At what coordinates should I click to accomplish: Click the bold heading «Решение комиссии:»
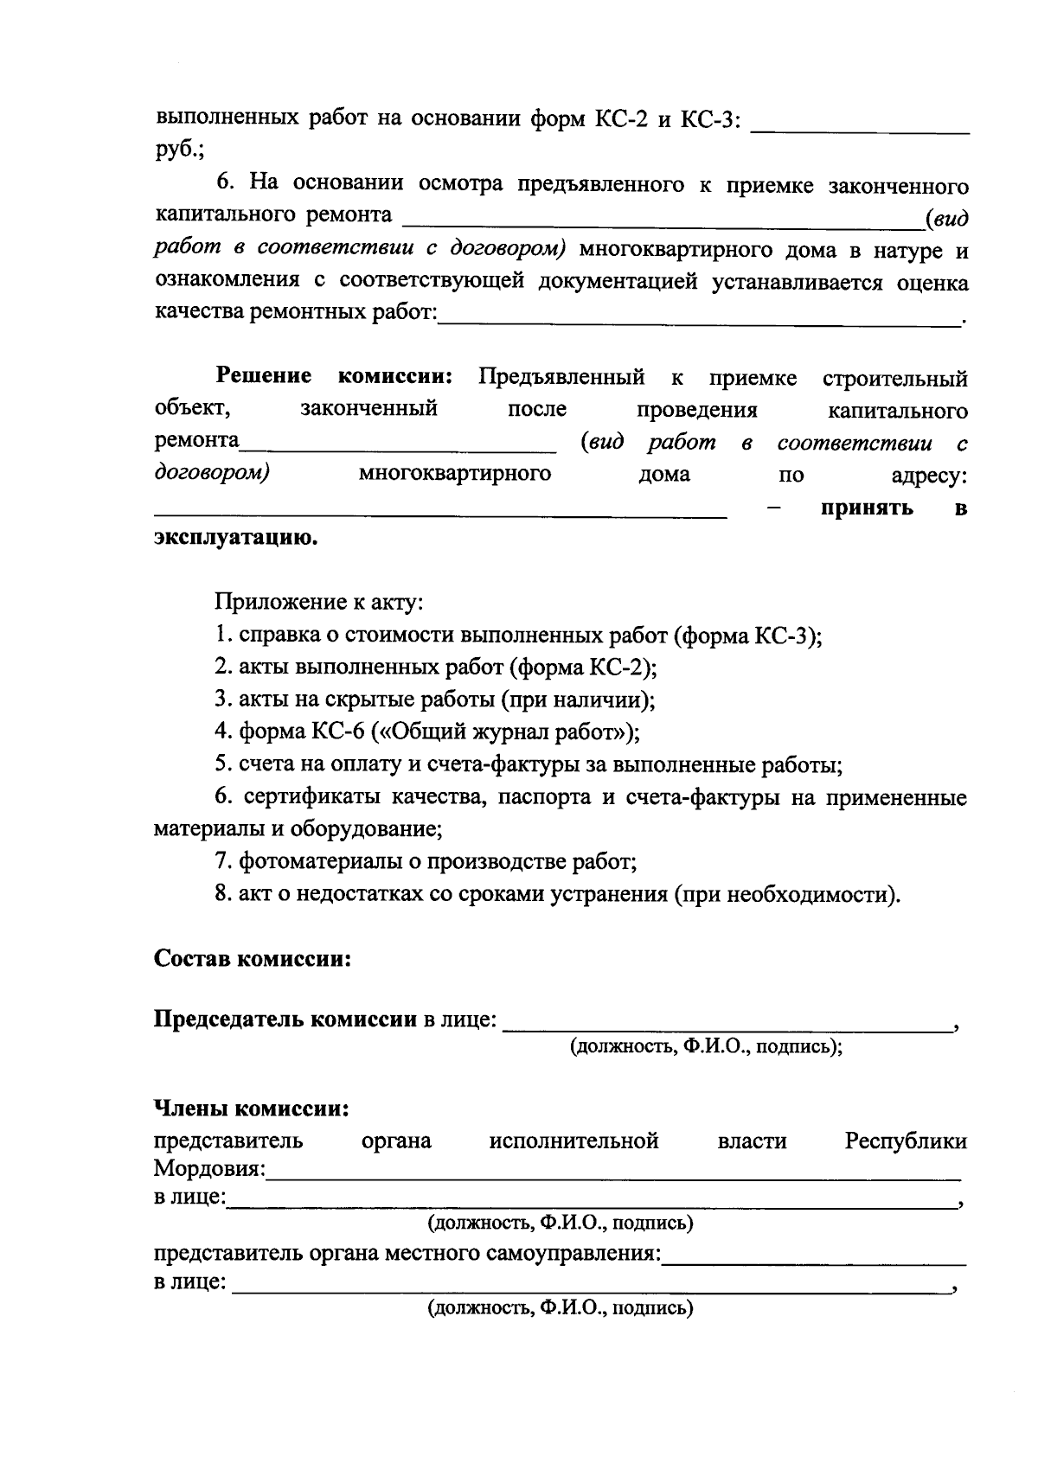coord(334,377)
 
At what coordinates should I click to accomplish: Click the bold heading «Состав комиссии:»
coord(252,960)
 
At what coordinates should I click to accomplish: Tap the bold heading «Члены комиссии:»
coord(251,1109)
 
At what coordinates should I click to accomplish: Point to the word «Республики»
coord(906,1141)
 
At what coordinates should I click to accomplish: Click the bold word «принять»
coord(867,508)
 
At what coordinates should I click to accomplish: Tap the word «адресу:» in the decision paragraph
coord(929,475)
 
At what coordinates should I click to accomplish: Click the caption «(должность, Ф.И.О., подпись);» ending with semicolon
coord(705,1047)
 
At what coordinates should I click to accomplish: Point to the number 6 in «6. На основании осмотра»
coord(224,183)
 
